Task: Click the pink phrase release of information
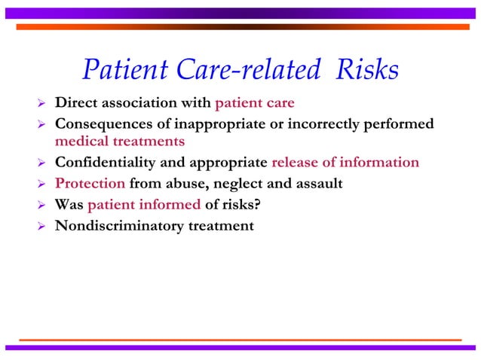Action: point(345,162)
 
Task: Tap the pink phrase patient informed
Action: point(144,204)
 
